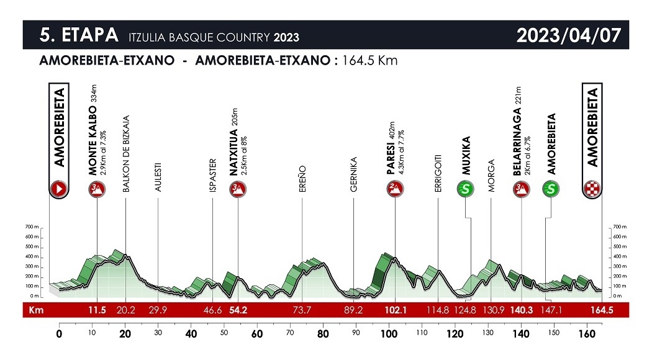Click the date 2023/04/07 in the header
[x=568, y=35]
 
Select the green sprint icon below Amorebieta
[x=550, y=189]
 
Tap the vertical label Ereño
[x=302, y=179]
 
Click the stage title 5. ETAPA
[x=78, y=35]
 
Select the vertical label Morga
[x=491, y=179]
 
